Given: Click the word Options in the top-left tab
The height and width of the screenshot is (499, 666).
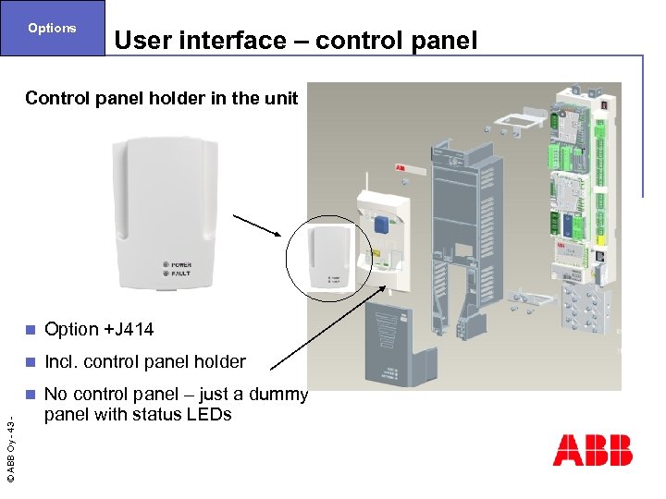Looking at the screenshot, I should [52, 28].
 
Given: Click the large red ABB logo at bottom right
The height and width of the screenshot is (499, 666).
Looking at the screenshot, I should [592, 450].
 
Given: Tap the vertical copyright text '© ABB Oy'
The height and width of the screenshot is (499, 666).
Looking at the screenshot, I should [10, 448].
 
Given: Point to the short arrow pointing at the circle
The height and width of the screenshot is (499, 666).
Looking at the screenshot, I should [258, 227].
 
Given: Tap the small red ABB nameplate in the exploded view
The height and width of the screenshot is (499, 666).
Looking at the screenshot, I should [402, 169].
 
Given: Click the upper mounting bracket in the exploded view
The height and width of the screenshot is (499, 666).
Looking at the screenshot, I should [518, 121].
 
